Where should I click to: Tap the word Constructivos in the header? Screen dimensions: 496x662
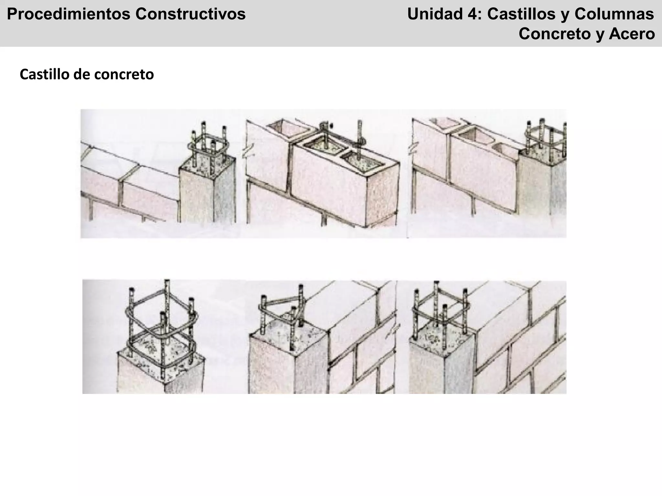click(x=190, y=15)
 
